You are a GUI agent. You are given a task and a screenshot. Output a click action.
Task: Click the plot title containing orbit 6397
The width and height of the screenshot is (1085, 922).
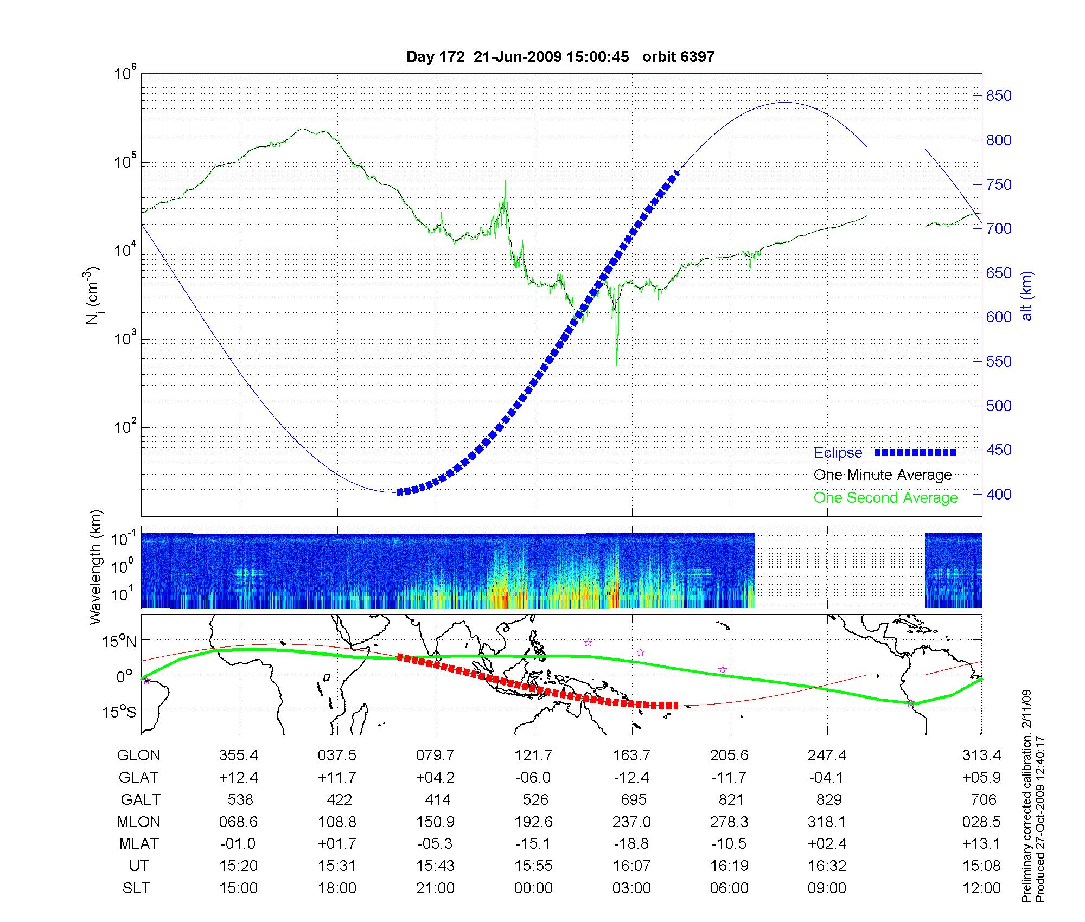[560, 56]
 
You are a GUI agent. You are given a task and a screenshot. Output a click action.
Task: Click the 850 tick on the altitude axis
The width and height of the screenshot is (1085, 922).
[998, 96]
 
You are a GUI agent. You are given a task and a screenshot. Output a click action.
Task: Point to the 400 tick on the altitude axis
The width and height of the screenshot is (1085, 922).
[998, 494]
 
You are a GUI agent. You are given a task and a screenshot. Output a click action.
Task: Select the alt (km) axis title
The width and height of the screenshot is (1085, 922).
[1027, 296]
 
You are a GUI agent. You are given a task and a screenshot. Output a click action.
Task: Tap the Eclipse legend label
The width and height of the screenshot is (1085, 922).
[838, 453]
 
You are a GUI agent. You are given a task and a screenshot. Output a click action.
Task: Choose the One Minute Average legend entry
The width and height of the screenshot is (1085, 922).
[883, 475]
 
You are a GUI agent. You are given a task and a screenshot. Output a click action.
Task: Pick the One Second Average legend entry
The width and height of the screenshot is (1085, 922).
[885, 497]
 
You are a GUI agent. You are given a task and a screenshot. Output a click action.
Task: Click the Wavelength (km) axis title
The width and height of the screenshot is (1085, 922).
[96, 567]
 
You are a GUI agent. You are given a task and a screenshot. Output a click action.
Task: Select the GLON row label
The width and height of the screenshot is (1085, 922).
[139, 755]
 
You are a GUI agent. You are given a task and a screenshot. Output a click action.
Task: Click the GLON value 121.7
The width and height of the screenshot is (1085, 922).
[534, 755]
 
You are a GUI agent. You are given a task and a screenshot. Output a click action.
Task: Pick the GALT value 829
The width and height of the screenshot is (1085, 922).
[828, 800]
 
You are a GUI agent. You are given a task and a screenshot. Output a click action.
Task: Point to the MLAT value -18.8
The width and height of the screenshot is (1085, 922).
[631, 844]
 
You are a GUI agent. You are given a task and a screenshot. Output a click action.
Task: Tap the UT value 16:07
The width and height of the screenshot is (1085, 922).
[631, 866]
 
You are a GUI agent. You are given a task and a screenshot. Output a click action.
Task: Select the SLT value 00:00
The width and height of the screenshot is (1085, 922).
[534, 888]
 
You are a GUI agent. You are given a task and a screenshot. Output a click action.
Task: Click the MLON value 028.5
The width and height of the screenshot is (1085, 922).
[981, 822]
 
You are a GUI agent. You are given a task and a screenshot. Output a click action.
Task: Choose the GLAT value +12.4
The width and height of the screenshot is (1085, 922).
[239, 778]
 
